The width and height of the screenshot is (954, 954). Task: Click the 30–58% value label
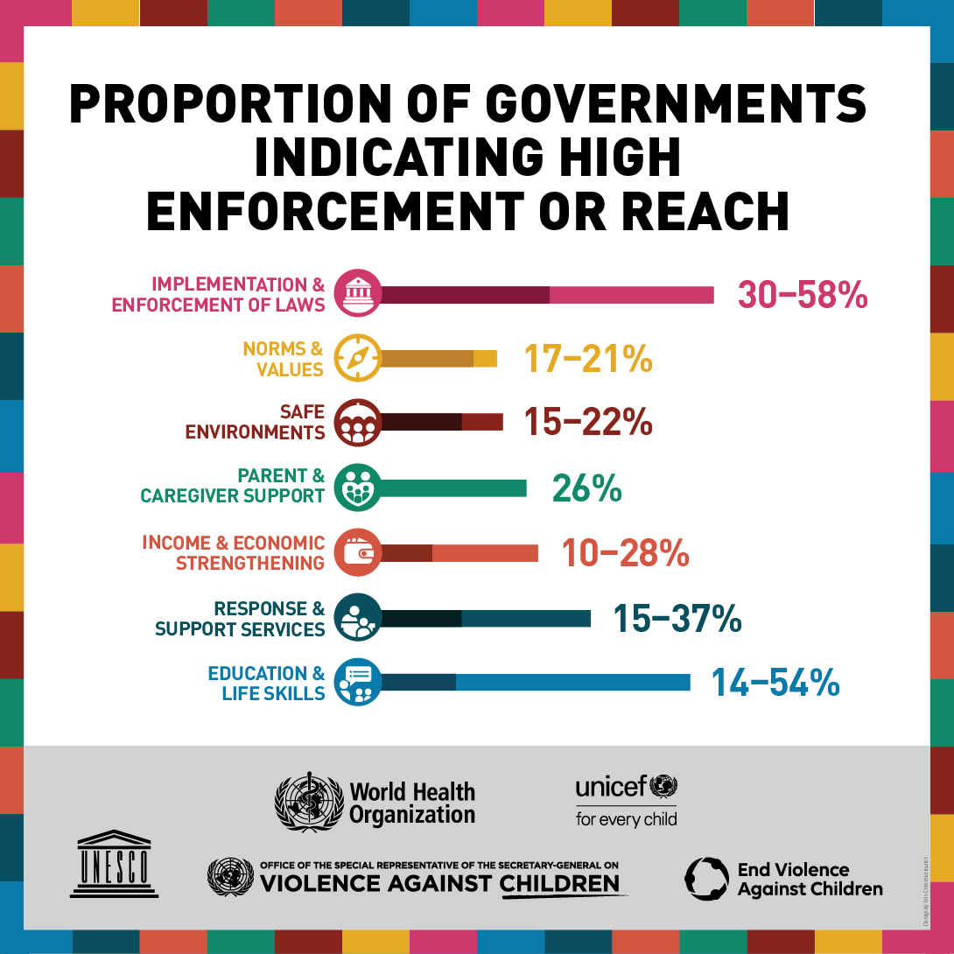coord(802,295)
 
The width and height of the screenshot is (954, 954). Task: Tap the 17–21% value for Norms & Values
coord(588,359)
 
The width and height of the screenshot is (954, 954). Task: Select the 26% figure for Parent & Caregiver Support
coord(586,488)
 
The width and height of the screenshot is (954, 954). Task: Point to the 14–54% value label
coord(775,683)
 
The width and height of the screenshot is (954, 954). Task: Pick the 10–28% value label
coord(625,553)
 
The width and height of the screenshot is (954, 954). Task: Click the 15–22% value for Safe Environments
coord(588,423)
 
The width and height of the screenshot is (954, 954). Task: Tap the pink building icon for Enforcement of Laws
coord(357,293)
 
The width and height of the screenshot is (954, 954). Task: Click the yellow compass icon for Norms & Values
coord(357,358)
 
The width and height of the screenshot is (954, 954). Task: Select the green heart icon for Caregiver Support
coord(357,488)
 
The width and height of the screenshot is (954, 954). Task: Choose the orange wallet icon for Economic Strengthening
coord(357,552)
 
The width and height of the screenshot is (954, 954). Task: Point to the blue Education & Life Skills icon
coord(357,682)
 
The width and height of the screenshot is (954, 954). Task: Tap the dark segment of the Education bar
coord(418,682)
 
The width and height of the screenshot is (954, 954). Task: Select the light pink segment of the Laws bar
coord(631,294)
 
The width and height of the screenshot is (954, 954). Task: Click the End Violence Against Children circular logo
coord(706,879)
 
